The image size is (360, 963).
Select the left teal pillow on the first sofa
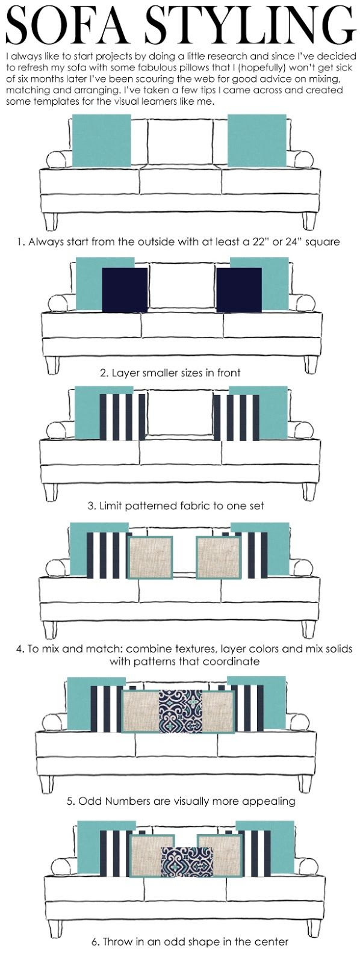pos(102,140)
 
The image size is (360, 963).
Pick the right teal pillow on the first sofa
pos(257,140)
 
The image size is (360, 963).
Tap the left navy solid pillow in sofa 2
pos(125,290)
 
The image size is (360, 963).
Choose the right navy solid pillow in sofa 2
pos(239,290)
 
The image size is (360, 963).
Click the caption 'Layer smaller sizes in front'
pos(170,373)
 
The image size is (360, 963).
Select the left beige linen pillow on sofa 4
pos(151,557)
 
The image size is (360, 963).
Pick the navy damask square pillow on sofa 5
pos(181,711)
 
